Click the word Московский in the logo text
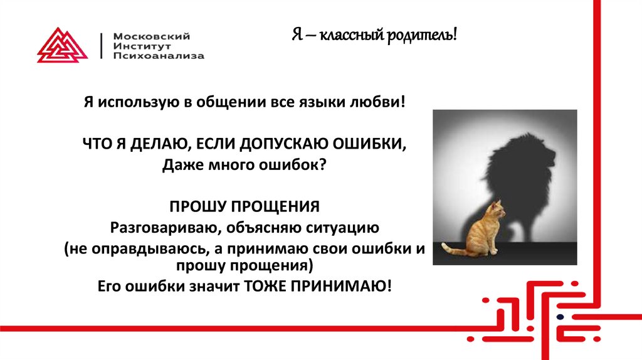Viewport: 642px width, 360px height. point(151,36)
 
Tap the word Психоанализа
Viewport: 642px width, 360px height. point(158,56)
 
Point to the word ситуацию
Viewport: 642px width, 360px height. point(341,226)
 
